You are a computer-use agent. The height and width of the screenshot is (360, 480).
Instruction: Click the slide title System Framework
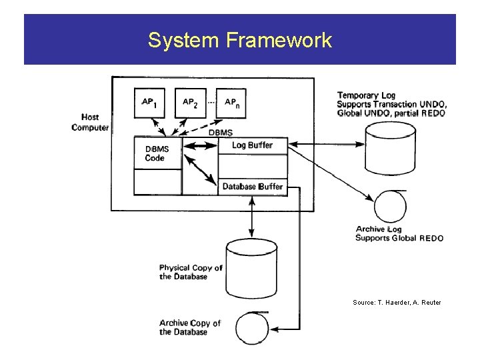[x=239, y=41]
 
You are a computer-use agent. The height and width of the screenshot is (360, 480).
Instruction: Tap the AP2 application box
[x=191, y=103]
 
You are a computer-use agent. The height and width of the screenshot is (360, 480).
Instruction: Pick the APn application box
[x=232, y=103]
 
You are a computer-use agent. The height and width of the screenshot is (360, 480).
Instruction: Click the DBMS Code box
[x=157, y=153]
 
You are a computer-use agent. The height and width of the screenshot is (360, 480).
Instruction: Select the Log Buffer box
[x=253, y=145]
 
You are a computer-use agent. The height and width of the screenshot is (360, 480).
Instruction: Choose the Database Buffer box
[x=253, y=187]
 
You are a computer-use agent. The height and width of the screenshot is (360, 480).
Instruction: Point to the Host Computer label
[x=90, y=123]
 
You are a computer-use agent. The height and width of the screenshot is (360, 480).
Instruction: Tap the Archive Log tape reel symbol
[x=390, y=207]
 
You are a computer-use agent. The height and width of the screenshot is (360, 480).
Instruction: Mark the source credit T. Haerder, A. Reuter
[x=397, y=303]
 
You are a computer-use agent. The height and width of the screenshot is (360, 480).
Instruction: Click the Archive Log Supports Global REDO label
[x=399, y=234]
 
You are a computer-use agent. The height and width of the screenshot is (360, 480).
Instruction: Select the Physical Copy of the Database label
[x=191, y=272]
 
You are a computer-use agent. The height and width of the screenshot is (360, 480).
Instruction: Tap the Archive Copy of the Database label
[x=190, y=327]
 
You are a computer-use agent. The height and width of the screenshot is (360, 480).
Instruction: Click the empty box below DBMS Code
[x=157, y=182]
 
